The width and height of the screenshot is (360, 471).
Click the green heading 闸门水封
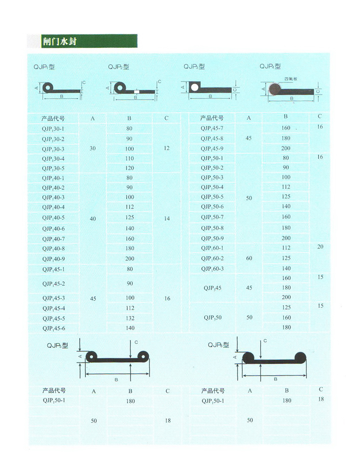coord(60,41)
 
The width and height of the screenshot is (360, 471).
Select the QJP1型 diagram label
coord(44,67)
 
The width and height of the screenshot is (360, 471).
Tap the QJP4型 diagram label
coord(270,66)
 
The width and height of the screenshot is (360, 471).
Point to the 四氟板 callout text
coord(291,79)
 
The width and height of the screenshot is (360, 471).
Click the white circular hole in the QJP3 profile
coord(195,87)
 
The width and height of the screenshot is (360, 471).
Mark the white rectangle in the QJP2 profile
coord(137,92)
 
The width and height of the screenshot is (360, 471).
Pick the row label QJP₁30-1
coord(53,129)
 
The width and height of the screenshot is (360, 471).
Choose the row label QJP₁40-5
coord(53,218)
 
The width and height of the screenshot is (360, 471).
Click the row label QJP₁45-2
coord(54,284)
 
